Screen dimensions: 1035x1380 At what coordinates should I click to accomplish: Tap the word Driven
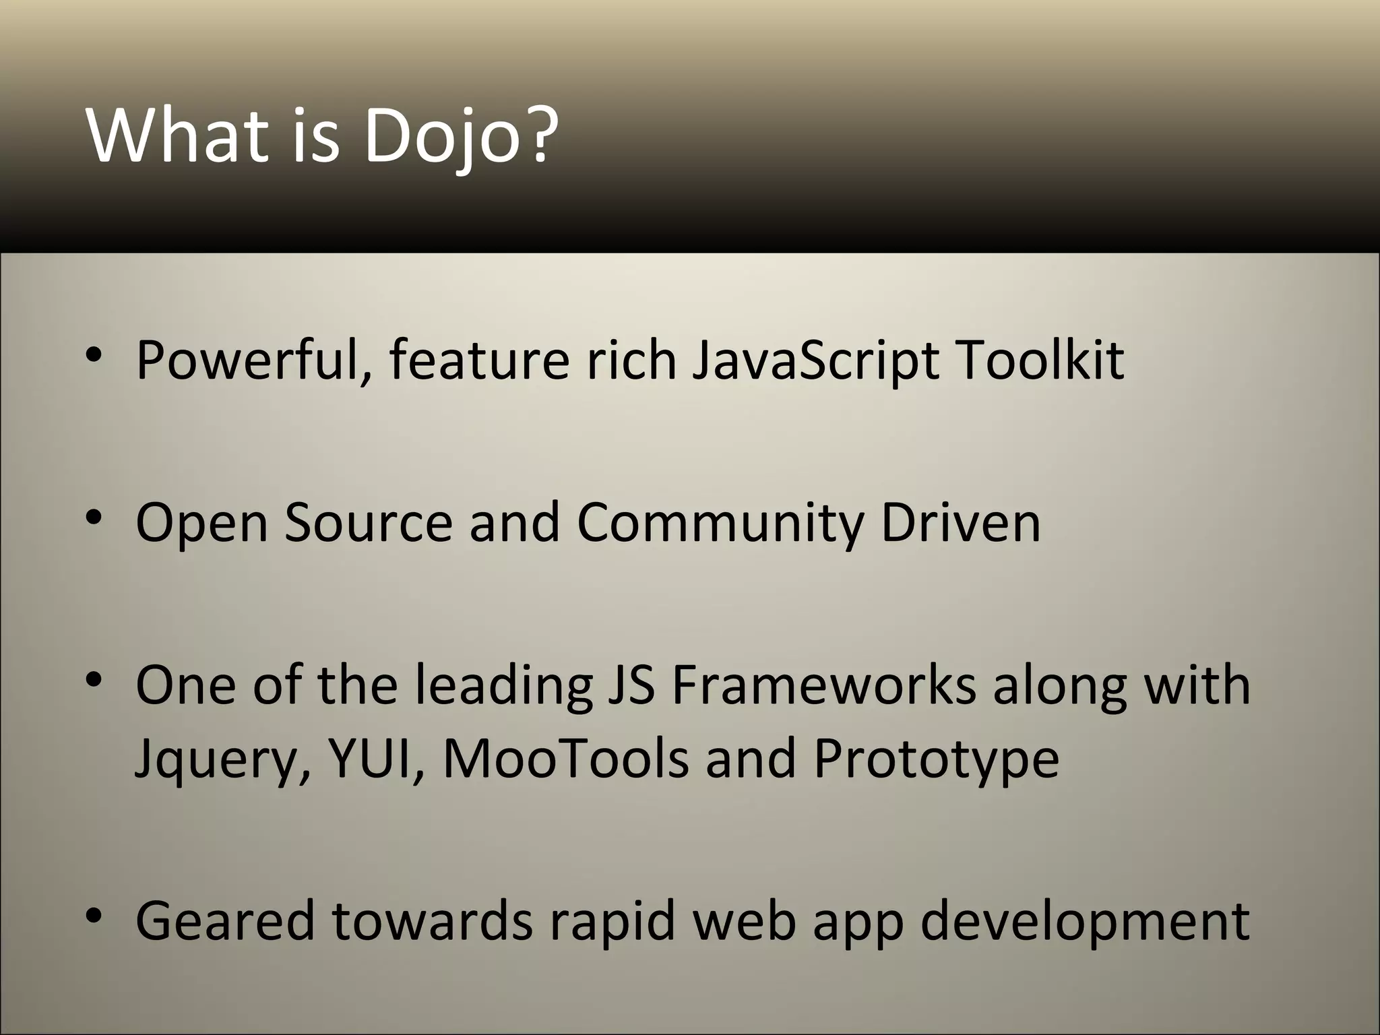pyautogui.click(x=960, y=522)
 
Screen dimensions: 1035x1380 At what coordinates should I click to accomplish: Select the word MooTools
pyautogui.click(x=566, y=758)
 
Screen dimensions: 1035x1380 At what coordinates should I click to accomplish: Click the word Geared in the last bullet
pyautogui.click(x=225, y=920)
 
